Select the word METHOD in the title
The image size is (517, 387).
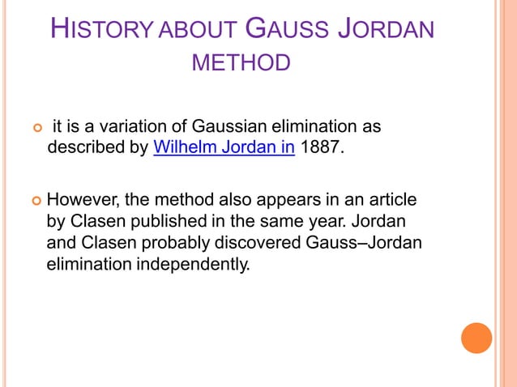pyautogui.click(x=241, y=63)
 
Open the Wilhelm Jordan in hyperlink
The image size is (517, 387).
pyautogui.click(x=223, y=149)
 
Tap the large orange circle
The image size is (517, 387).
pyautogui.click(x=476, y=338)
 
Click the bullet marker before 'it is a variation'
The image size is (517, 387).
pyautogui.click(x=35, y=128)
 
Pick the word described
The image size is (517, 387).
pyautogui.click(x=84, y=149)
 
